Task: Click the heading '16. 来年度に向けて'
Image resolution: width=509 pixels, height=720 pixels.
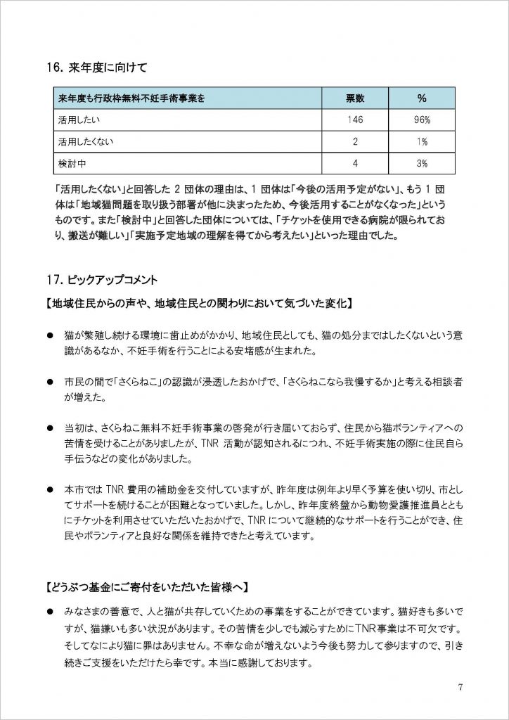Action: tap(96, 68)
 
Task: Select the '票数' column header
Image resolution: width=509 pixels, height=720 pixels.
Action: tap(356, 98)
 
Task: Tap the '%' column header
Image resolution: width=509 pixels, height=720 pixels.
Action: tap(422, 98)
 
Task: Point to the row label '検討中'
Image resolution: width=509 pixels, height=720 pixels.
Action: tap(72, 163)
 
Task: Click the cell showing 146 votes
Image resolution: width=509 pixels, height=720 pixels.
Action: tap(356, 120)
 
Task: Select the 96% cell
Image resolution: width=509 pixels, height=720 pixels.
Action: tap(422, 120)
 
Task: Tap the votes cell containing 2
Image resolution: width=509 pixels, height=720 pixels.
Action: tap(356, 141)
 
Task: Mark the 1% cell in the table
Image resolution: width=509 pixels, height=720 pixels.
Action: tap(422, 141)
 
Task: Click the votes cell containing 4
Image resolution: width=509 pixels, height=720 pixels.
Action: tap(356, 163)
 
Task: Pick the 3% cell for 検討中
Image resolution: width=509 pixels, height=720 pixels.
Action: tap(422, 163)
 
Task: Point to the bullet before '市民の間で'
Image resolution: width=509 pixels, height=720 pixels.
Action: tap(50, 382)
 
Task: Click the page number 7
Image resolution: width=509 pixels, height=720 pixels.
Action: tap(459, 686)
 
